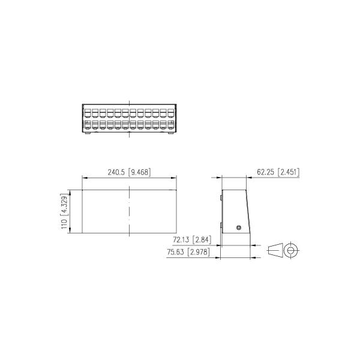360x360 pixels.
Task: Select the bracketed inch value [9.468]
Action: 139,172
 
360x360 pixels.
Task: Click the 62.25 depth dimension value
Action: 266,172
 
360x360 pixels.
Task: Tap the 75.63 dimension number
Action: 176,253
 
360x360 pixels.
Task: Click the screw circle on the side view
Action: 239,228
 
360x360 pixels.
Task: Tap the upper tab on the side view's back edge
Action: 221,196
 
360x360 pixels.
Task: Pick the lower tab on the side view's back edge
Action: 221,224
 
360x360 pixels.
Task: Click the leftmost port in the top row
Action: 88,112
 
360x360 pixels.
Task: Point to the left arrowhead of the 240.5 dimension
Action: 83,178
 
